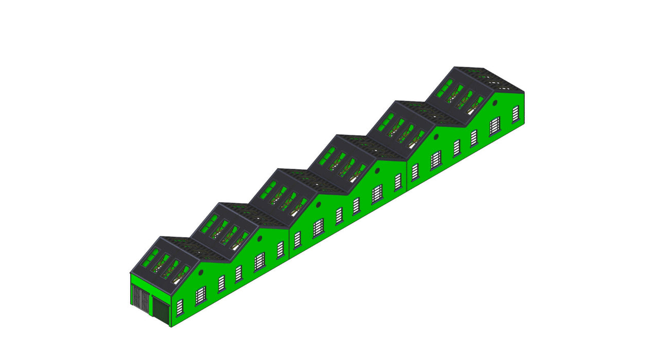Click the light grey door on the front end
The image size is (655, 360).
140,299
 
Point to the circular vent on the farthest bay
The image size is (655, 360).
495,103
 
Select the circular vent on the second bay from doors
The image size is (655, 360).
260,238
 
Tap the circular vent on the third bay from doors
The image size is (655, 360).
318,204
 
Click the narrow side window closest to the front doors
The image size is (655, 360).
180,308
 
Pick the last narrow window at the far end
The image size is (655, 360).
516,114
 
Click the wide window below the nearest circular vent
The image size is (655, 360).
201,295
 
